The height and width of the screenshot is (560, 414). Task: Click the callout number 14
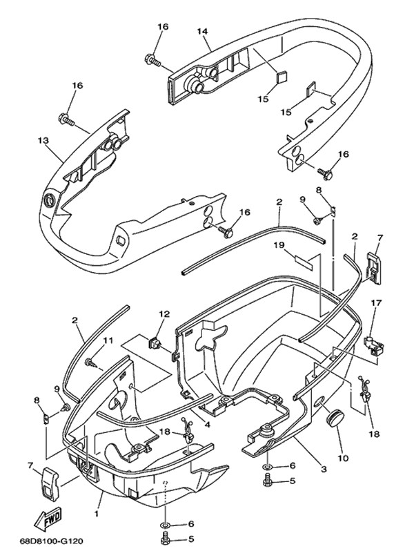202,31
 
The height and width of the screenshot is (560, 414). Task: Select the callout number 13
43,140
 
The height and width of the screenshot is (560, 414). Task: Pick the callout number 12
164,314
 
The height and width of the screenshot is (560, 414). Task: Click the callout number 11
107,340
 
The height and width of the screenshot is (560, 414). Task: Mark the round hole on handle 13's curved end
49,200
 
